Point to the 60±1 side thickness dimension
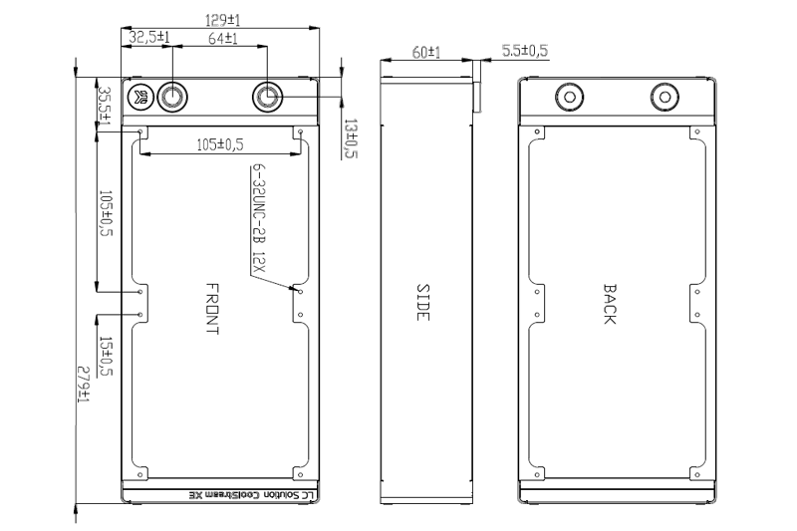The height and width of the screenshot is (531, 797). tap(426, 52)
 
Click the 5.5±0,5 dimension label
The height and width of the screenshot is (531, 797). tap(525, 51)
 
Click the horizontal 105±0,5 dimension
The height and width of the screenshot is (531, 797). tap(220, 145)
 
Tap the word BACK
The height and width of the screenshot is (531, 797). tap(610, 304)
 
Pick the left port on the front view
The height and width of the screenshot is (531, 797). tap(172, 96)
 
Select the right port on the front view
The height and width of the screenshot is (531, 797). tap(268, 96)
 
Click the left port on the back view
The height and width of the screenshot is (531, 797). tap(570, 96)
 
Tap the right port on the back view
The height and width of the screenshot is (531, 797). tap(664, 96)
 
